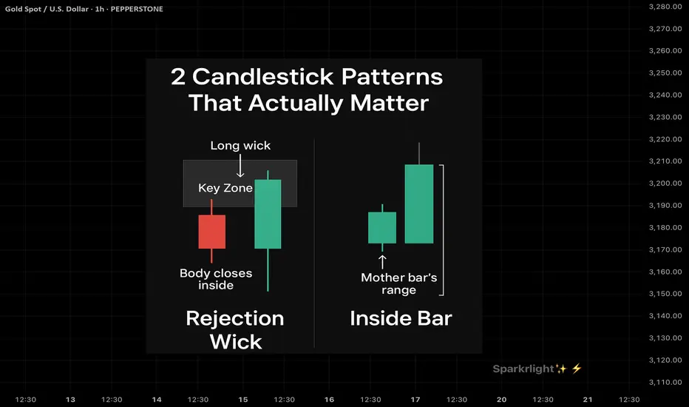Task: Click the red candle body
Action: (x=211, y=232)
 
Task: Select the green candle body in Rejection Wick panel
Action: (x=268, y=214)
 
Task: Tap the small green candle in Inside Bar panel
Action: (x=382, y=227)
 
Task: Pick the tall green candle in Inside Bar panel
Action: (x=418, y=203)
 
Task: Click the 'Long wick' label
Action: (x=240, y=146)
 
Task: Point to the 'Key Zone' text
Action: (x=225, y=188)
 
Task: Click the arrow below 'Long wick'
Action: (x=240, y=166)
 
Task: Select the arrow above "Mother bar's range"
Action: (x=382, y=262)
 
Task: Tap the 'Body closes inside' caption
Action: (x=216, y=279)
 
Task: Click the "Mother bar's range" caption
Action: (x=399, y=284)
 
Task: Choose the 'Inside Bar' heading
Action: (x=401, y=318)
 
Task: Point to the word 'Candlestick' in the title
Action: (x=262, y=76)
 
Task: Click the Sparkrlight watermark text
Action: (x=523, y=369)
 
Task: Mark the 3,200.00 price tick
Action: (x=665, y=183)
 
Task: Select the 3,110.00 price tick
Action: (x=665, y=382)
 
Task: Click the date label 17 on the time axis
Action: (x=415, y=400)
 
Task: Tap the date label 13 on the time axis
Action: (x=70, y=400)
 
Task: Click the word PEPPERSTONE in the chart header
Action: (x=137, y=9)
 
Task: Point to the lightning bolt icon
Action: (x=577, y=369)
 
